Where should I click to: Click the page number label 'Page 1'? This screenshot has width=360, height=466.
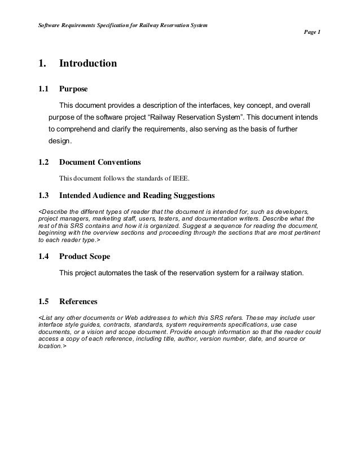tap(312, 32)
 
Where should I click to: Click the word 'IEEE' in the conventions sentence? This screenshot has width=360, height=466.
tap(180, 180)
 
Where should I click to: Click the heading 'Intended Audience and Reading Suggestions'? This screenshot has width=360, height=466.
tap(137, 196)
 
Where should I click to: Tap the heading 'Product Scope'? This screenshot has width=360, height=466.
tap(85, 257)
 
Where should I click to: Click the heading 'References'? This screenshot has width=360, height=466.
tap(78, 301)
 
